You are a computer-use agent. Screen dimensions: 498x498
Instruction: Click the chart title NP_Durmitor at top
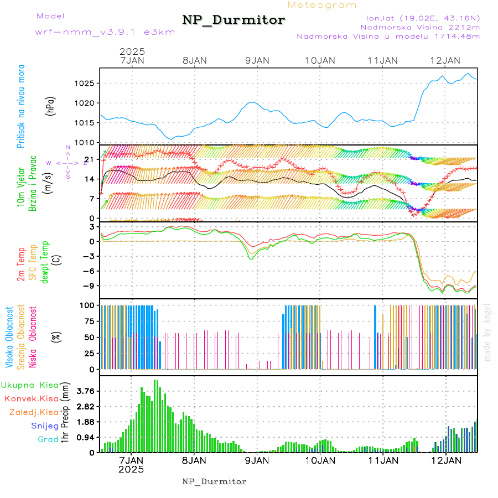pyautogui.click(x=234, y=20)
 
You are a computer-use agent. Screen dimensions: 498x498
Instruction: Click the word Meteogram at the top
pyautogui.click(x=322, y=5)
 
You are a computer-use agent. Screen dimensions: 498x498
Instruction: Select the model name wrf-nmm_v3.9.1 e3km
pyautogui.click(x=105, y=32)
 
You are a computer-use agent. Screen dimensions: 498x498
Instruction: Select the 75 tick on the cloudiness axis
pyautogui.click(x=89, y=321)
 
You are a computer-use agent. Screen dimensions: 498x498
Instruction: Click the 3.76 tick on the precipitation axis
pyautogui.click(x=86, y=391)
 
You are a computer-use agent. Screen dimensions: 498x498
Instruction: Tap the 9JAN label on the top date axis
pyautogui.click(x=256, y=60)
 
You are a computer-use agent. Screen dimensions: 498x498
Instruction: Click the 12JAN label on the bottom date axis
pyautogui.click(x=445, y=460)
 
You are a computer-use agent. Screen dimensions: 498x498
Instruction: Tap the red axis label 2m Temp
pyautogui.click(x=21, y=264)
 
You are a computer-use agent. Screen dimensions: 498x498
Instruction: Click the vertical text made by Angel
pyautogui.click(x=487, y=332)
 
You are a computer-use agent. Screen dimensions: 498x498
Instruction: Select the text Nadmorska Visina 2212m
pyautogui.click(x=420, y=27)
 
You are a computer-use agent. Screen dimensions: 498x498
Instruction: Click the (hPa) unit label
pyautogui.click(x=50, y=106)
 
